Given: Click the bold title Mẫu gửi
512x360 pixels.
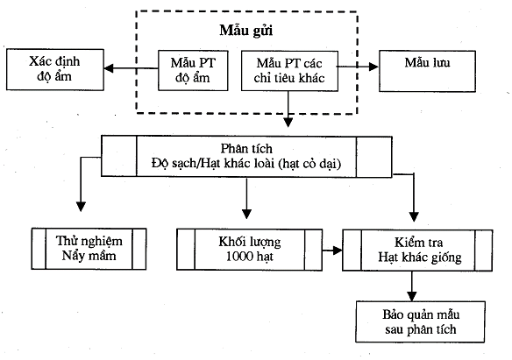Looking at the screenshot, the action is (x=246, y=31).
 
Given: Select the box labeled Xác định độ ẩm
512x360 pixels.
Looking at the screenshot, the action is (x=55, y=69).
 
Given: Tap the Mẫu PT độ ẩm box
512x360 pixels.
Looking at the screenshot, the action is (x=193, y=70).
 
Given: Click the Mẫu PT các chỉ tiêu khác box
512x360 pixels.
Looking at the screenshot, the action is (x=289, y=70).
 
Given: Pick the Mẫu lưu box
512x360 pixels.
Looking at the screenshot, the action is (x=427, y=71).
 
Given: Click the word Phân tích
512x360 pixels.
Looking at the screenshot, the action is (x=246, y=149).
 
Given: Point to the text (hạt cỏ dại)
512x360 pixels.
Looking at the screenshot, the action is (x=309, y=164).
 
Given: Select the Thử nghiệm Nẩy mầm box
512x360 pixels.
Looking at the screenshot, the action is (x=89, y=249).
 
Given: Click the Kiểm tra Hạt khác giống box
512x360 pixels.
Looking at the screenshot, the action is (x=417, y=251).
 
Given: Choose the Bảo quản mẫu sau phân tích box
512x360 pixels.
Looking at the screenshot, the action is (x=420, y=321).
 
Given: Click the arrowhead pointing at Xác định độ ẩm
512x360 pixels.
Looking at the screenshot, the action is (x=109, y=68).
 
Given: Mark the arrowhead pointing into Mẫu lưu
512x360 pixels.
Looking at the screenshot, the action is (x=373, y=67).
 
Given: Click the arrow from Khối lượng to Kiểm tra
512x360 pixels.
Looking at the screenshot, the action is (x=332, y=251).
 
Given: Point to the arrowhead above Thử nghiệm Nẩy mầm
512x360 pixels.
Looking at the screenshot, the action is (x=81, y=207).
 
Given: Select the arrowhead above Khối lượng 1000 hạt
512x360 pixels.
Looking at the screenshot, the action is (x=246, y=214).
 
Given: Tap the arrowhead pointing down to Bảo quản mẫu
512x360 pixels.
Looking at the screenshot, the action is (x=412, y=296).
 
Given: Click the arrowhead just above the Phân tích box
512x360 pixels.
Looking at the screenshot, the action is (x=288, y=123).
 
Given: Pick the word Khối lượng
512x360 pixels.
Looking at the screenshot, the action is (x=250, y=243).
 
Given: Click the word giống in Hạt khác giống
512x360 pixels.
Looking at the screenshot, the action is (x=446, y=258).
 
